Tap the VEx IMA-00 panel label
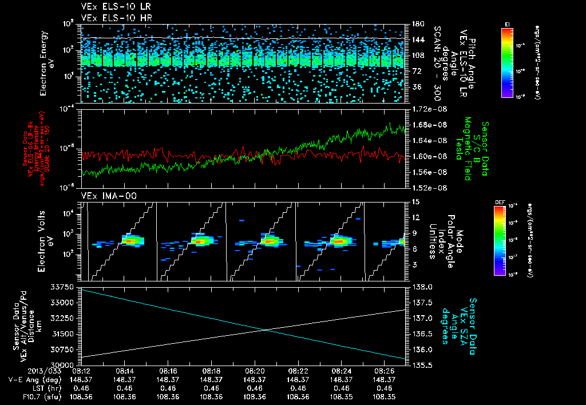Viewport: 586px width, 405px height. [x=103, y=196]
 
